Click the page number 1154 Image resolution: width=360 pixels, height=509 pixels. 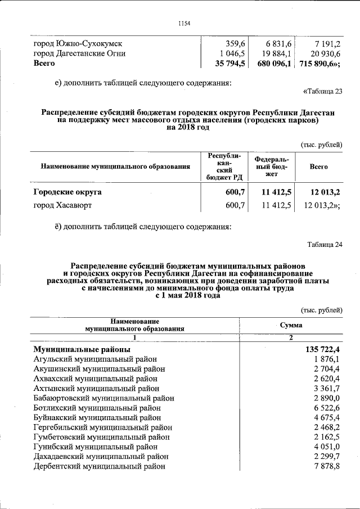coord(184,23)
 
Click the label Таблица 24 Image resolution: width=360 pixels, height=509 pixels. coord(325,244)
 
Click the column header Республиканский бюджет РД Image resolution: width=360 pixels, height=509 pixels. coord(224,166)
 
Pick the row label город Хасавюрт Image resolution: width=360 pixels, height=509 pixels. coord(62,206)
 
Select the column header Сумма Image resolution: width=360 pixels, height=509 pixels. coord(291,325)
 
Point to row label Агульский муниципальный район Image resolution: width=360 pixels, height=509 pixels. coord(95,359)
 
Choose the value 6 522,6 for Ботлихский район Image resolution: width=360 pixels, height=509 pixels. coord(327,407)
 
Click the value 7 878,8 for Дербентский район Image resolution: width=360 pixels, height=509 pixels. coord(327,466)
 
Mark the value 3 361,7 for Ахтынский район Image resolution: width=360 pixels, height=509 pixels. coord(327,388)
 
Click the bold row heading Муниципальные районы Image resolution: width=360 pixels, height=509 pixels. coord(82,349)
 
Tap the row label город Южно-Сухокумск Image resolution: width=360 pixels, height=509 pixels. coord(78,43)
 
